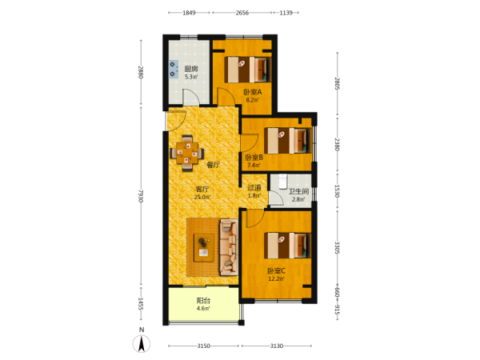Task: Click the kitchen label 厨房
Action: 191,69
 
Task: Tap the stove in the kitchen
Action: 174,69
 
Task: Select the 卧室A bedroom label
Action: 253,92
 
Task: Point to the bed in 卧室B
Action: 288,141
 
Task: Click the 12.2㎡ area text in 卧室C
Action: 277,278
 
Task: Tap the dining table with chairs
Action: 186,153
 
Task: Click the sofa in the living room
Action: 229,247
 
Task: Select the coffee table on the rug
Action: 204,247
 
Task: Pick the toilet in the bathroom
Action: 282,181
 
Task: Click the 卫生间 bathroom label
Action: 298,192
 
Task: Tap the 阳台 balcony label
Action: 203,301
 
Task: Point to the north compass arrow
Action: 142,343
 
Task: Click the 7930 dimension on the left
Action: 141,196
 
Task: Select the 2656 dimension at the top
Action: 242,13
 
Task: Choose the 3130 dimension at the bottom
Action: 277,346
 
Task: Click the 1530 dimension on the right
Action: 337,190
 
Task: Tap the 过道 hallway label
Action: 254,187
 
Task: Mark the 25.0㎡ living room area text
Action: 202,197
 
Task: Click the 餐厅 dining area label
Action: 214,165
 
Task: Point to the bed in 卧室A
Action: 248,70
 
